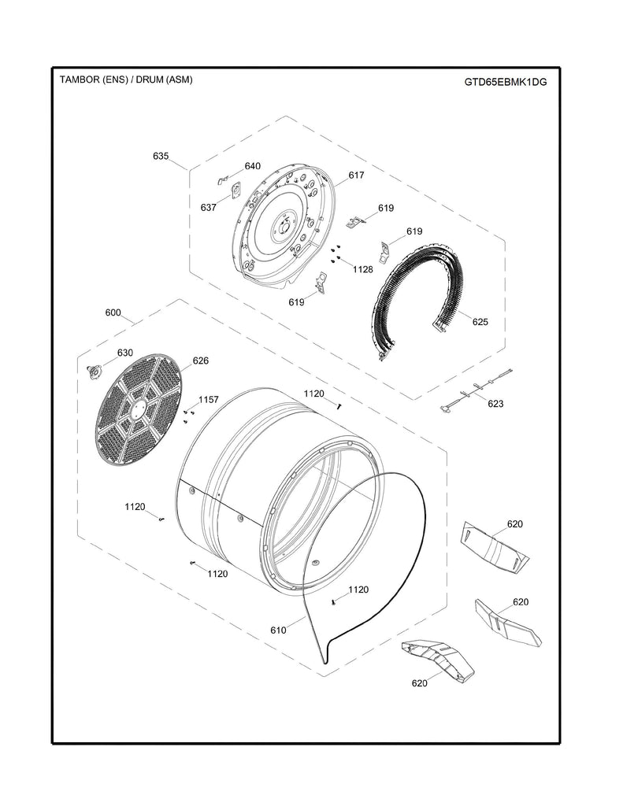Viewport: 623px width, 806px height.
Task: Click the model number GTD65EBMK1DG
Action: point(506,82)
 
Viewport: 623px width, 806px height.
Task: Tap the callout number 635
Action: point(161,156)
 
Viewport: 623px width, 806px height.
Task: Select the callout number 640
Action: point(252,166)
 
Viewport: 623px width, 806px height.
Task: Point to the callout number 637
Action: point(208,207)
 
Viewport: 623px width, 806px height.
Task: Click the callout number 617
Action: point(356,176)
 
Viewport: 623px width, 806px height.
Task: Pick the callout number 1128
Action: point(362,269)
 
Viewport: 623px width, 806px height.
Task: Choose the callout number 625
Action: point(480,321)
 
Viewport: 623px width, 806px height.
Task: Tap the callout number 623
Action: point(495,404)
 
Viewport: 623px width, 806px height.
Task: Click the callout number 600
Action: point(113,312)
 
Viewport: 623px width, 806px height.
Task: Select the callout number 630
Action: point(125,353)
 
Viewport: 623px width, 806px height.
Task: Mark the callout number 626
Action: point(200,360)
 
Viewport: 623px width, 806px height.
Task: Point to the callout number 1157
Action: point(208,400)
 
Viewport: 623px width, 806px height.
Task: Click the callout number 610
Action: point(278,630)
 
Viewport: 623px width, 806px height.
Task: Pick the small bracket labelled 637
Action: point(233,190)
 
